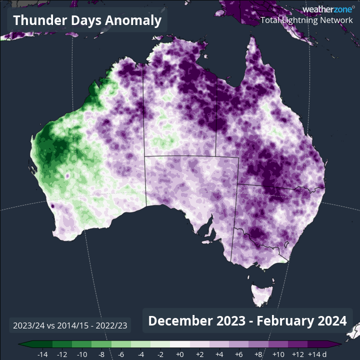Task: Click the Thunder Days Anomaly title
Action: coord(87,20)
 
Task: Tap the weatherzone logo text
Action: coord(327,9)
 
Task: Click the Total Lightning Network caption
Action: coord(306,20)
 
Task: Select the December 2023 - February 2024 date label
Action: coord(247,320)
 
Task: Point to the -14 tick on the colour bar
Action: coord(42,354)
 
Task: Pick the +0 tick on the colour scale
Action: coord(180,354)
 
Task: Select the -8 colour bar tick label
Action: coord(101,354)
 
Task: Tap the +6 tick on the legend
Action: coord(239,354)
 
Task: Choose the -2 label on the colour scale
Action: coord(160,354)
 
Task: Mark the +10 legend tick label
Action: coord(278,354)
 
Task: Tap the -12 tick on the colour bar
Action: coord(62,354)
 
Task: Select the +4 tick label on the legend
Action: coord(219,354)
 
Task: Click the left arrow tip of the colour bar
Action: coord(19,344)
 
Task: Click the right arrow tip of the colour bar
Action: coord(341,344)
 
